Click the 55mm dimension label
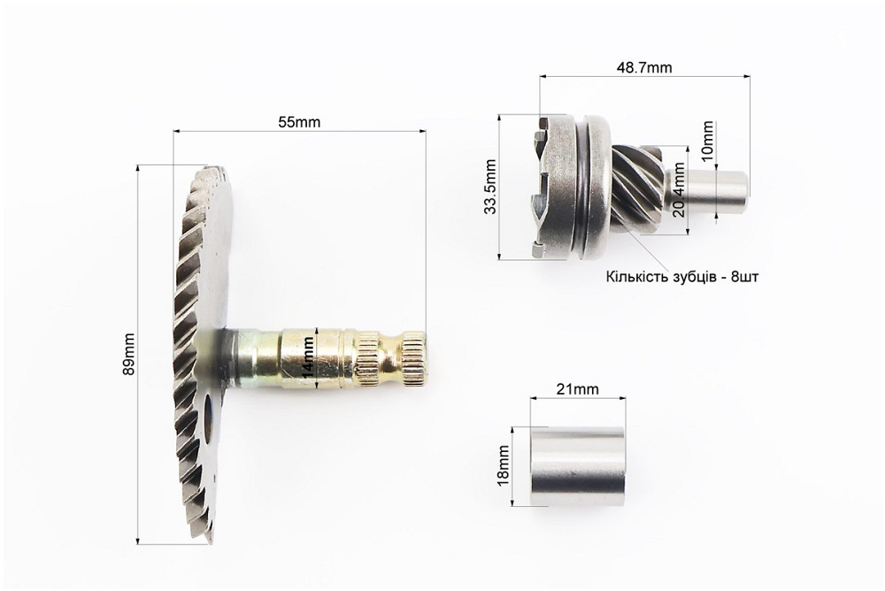[298, 122]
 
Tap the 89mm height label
[128, 354]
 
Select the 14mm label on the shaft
[308, 358]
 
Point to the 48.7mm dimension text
[644, 68]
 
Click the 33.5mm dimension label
[490, 187]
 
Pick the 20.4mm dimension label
[679, 189]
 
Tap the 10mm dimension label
[706, 141]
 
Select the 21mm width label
[578, 389]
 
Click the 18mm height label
[504, 464]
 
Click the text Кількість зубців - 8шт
[681, 277]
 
